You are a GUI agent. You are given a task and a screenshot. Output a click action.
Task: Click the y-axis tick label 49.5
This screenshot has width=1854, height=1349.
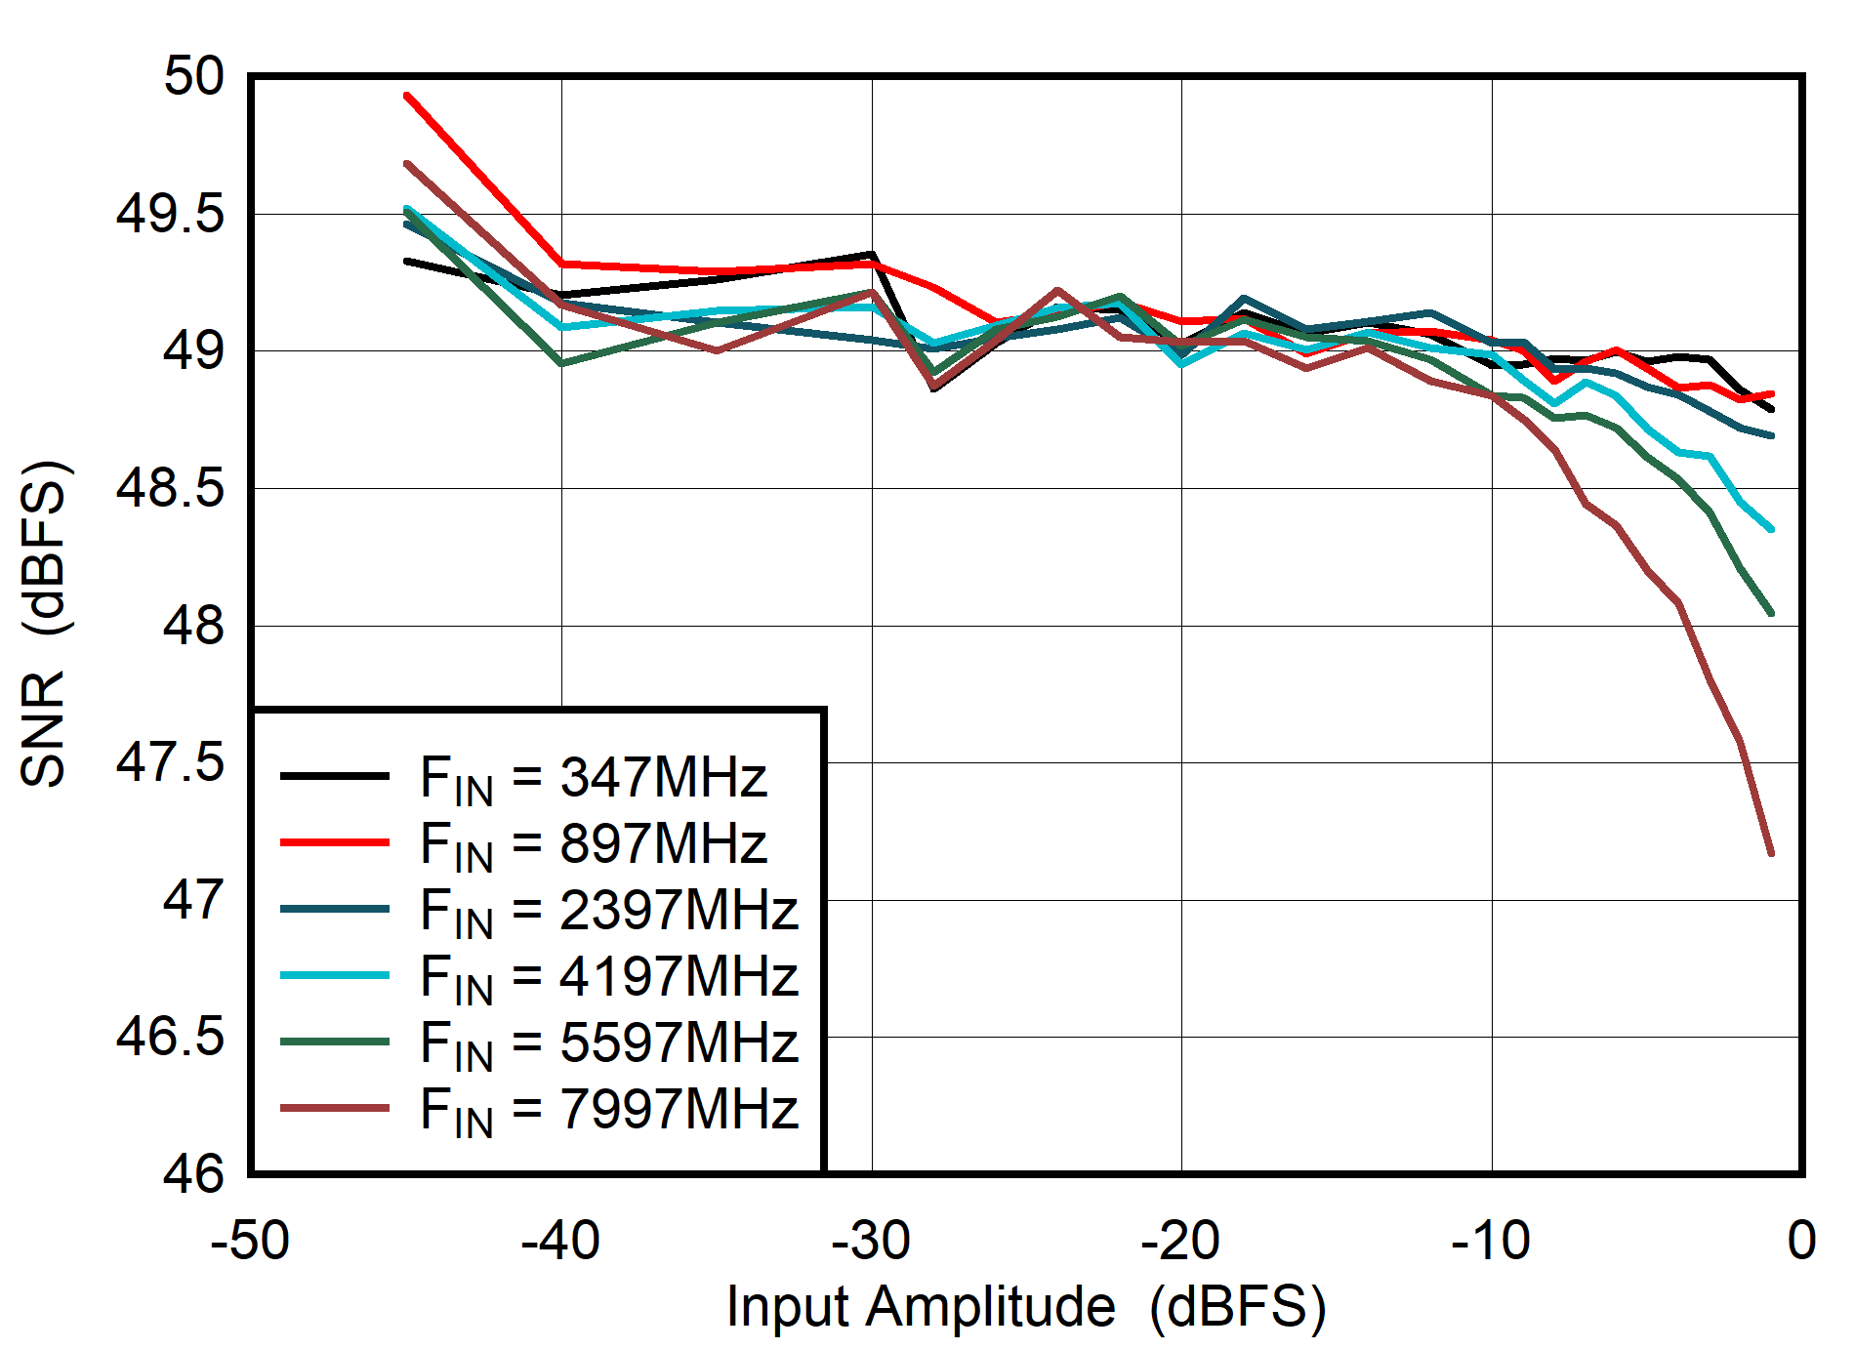coord(170,214)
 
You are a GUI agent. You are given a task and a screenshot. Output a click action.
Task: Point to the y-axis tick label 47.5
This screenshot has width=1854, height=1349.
coord(170,762)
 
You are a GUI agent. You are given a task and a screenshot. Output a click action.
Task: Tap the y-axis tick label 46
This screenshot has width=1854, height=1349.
coord(193,1173)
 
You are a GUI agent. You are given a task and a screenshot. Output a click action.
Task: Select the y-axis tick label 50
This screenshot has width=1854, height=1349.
coord(193,76)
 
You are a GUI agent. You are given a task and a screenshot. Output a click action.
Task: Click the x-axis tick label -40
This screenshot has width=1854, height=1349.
coord(560,1242)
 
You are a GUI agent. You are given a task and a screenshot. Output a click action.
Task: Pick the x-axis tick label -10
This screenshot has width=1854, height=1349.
coord(1490,1242)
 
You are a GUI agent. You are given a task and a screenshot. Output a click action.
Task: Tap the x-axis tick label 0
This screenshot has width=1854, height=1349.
coord(1801,1242)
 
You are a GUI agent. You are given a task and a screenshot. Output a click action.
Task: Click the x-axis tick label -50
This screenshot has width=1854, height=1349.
coord(250,1242)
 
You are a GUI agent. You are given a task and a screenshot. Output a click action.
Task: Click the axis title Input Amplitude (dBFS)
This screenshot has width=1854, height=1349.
coord(1026,1306)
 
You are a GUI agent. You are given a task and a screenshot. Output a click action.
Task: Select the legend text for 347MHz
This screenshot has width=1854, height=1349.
coord(594,779)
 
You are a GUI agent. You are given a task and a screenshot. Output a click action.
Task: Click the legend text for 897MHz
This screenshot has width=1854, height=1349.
coord(594,845)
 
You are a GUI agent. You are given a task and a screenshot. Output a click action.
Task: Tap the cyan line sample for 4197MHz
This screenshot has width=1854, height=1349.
coord(335,975)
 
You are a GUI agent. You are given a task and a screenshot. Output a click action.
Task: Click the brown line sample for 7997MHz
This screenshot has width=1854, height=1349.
coord(335,1108)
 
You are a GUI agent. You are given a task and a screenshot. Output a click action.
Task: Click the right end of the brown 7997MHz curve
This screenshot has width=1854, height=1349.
coord(1771,853)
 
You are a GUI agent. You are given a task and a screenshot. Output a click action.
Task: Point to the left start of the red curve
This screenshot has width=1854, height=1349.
coord(406,96)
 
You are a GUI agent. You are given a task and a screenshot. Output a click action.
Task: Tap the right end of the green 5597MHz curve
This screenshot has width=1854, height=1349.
coord(1771,613)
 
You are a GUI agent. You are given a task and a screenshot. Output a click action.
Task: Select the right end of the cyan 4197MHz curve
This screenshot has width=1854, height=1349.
coord(1771,529)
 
